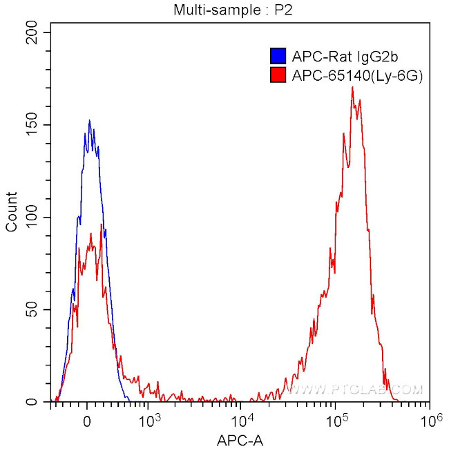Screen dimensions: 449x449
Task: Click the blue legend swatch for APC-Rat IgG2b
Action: [x=278, y=56]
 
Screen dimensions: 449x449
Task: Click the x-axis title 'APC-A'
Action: [x=241, y=440]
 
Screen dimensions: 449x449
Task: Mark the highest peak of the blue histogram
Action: [x=89, y=120]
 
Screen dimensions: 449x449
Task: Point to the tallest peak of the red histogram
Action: [x=352, y=87]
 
